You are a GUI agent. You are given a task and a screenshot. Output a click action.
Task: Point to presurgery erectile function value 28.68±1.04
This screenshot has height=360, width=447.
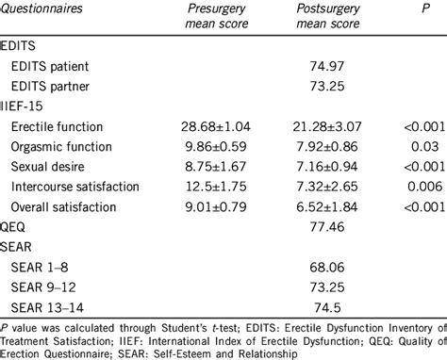coord(214,126)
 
